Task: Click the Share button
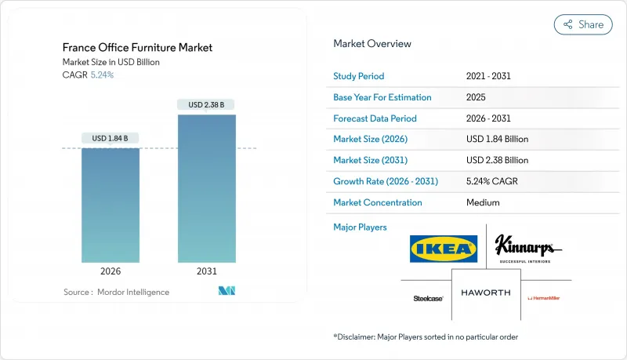583,24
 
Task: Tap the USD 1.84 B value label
111,139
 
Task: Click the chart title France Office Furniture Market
138,48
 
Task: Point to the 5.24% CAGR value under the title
102,75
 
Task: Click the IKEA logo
443,249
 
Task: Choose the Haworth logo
485,293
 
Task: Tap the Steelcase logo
427,298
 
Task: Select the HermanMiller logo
544,298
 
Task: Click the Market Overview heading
371,44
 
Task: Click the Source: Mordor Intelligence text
116,292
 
